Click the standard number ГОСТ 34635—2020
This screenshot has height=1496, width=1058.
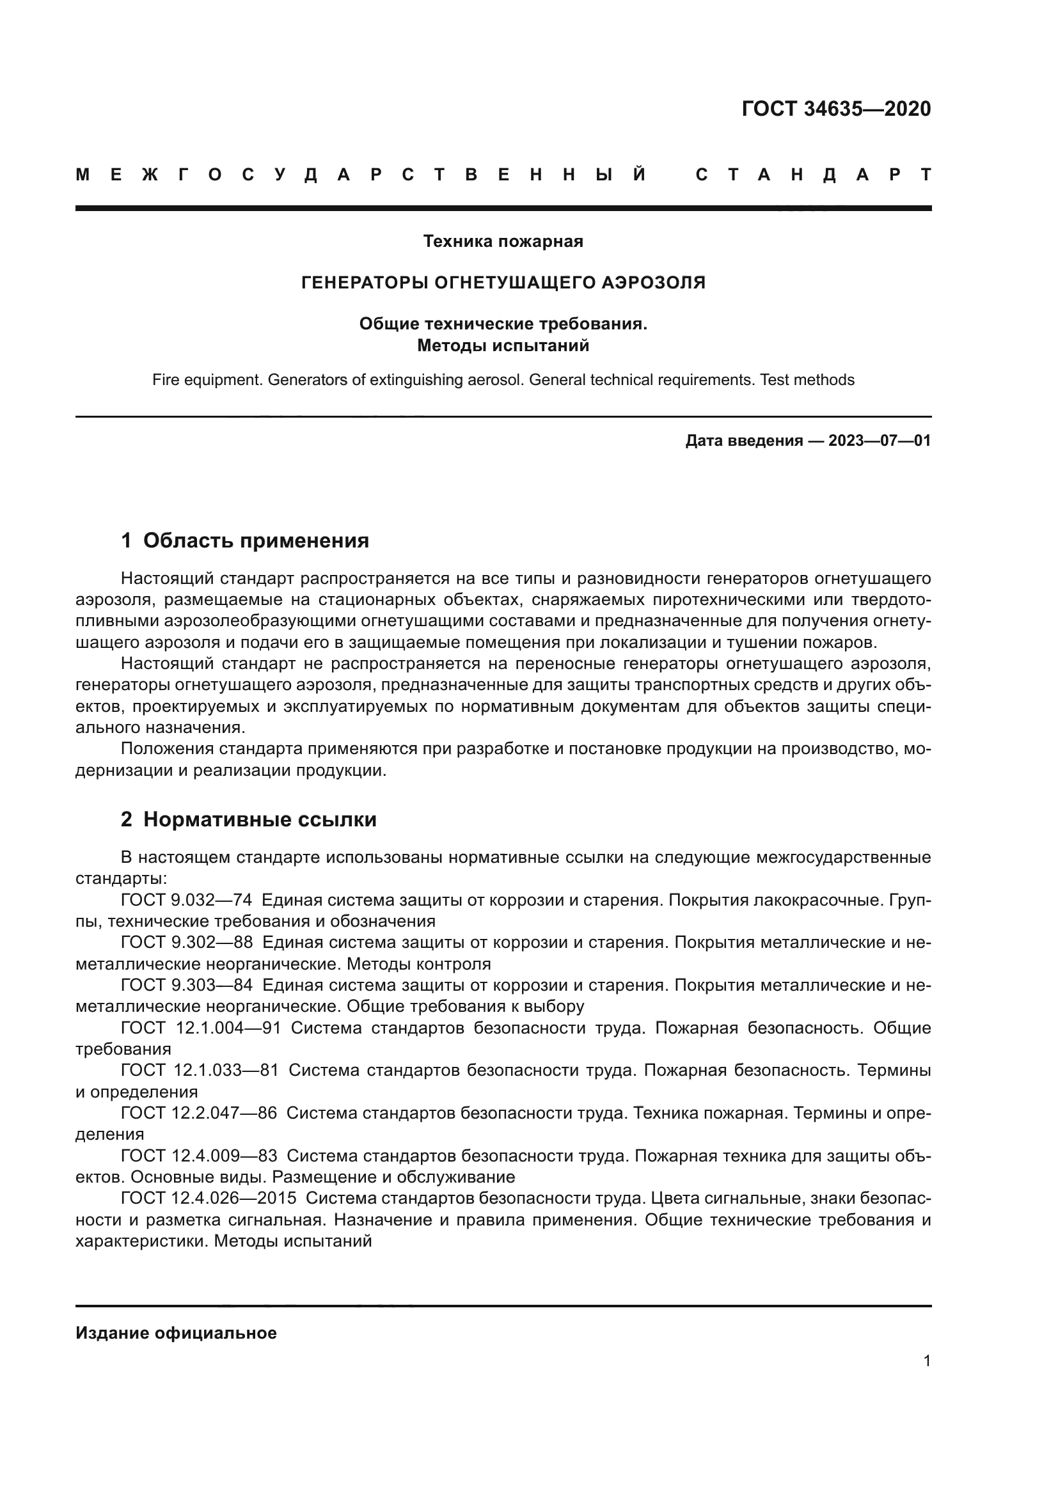[x=836, y=109]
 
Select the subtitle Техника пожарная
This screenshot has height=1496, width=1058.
[x=503, y=242]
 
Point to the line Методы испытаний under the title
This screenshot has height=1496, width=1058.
[x=503, y=345]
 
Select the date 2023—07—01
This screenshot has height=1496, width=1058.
[x=879, y=441]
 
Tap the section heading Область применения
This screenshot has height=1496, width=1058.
[x=255, y=540]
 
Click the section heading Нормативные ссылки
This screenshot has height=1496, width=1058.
[x=259, y=819]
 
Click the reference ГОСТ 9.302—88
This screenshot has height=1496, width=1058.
[x=186, y=942]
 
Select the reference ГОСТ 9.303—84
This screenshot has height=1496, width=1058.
[x=186, y=985]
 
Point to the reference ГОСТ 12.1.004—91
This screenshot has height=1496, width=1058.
[x=201, y=1028]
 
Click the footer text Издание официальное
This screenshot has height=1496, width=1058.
[x=176, y=1333]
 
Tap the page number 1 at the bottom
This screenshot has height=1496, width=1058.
[x=927, y=1361]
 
